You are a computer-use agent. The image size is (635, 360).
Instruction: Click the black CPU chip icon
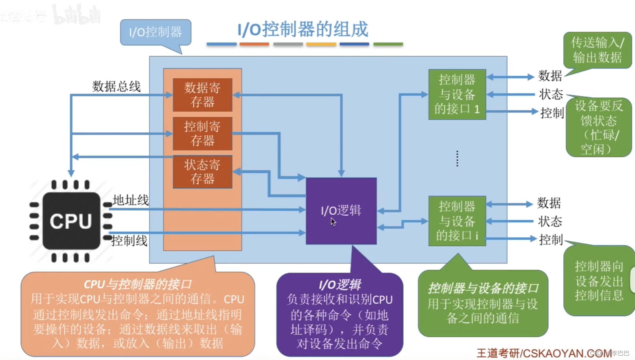tap(71, 221)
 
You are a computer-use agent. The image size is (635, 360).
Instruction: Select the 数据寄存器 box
tap(202, 95)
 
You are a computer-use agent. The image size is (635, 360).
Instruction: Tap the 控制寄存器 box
tap(202, 133)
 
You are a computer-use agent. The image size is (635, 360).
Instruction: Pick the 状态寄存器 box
tap(202, 172)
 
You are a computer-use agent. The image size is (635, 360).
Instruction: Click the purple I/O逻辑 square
tap(341, 211)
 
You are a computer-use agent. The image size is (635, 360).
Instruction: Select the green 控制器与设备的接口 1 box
tap(457, 94)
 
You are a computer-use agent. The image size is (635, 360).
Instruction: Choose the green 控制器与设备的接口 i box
tap(457, 221)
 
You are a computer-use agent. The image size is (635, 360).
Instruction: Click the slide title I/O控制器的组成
tap(303, 30)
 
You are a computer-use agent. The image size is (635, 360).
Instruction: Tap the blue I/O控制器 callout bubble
tap(156, 32)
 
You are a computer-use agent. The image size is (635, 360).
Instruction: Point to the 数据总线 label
tap(116, 86)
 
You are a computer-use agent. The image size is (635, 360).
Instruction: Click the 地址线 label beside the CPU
tap(130, 200)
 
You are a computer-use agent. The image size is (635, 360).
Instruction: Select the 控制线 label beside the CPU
tap(129, 241)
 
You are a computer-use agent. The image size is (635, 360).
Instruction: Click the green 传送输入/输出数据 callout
tap(598, 50)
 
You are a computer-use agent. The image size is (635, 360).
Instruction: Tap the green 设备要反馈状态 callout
tap(599, 127)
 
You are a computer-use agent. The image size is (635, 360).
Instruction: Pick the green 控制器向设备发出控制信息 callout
tap(599, 281)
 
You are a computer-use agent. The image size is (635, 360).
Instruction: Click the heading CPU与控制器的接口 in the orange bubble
tap(138, 284)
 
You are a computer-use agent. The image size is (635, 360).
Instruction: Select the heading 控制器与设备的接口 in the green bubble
tap(483, 288)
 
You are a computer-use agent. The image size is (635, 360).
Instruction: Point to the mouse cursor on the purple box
tap(333, 222)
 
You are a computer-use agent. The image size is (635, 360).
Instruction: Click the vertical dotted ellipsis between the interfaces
tap(457, 159)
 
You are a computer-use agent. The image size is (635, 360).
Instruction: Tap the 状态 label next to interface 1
tap(551, 94)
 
